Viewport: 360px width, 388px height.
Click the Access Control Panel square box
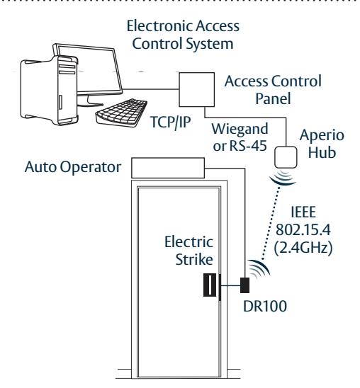pyautogui.click(x=197, y=90)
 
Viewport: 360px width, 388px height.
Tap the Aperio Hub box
pyautogui.click(x=286, y=157)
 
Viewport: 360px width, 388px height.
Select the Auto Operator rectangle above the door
pyautogui.click(x=168, y=168)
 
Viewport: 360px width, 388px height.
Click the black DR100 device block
pyautogui.click(x=245, y=285)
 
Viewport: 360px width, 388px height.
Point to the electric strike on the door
pyautogui.click(x=210, y=285)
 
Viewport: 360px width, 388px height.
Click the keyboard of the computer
pyautogui.click(x=122, y=113)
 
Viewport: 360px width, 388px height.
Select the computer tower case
pyautogui.click(x=49, y=91)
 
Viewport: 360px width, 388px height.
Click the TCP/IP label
pyautogui.click(x=171, y=122)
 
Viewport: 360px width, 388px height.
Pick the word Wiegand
pyautogui.click(x=240, y=129)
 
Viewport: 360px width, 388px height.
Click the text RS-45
pyautogui.click(x=248, y=146)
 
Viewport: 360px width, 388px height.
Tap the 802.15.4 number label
pyautogui.click(x=303, y=229)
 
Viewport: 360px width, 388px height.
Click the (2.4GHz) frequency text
pyautogui.click(x=303, y=247)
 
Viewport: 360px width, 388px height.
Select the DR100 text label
pyautogui.click(x=265, y=306)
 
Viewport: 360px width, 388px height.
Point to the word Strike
pyautogui.click(x=194, y=259)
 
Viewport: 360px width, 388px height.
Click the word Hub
pyautogui.click(x=322, y=152)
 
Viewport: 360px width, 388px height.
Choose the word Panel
pyautogui.click(x=273, y=98)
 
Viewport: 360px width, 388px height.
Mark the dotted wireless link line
pyautogui.click(x=271, y=224)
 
